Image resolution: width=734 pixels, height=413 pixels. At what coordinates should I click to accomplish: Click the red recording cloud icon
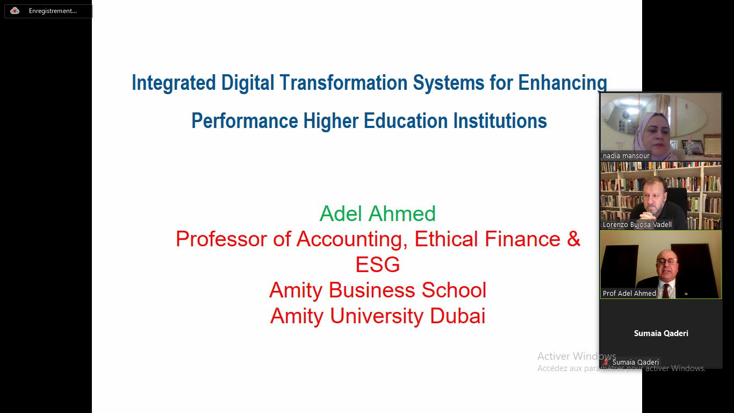(15, 11)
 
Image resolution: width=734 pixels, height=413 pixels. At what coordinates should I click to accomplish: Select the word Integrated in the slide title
(174, 83)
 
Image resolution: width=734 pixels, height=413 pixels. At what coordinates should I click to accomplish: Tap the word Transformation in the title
(343, 82)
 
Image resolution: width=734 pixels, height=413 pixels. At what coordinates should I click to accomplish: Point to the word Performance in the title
(245, 120)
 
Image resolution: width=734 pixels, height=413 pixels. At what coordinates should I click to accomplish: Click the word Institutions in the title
(500, 120)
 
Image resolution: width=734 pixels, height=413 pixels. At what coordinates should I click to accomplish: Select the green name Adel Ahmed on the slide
(378, 213)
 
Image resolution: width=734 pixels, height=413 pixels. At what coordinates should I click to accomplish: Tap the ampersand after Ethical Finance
(573, 239)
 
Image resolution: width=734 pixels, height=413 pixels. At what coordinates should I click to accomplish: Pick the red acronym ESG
(378, 265)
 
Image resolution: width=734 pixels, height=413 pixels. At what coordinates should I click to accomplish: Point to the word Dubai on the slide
(457, 316)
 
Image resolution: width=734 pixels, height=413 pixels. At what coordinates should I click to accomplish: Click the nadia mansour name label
(626, 155)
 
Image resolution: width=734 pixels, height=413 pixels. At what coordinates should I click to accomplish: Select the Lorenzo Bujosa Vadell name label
(637, 224)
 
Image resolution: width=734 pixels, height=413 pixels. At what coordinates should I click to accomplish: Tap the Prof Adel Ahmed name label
(629, 293)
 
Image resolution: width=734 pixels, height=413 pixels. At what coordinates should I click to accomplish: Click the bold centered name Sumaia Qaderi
(661, 333)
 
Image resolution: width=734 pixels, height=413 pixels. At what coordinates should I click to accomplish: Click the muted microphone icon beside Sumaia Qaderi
(606, 362)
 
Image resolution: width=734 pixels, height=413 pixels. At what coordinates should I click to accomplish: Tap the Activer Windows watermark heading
(577, 356)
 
